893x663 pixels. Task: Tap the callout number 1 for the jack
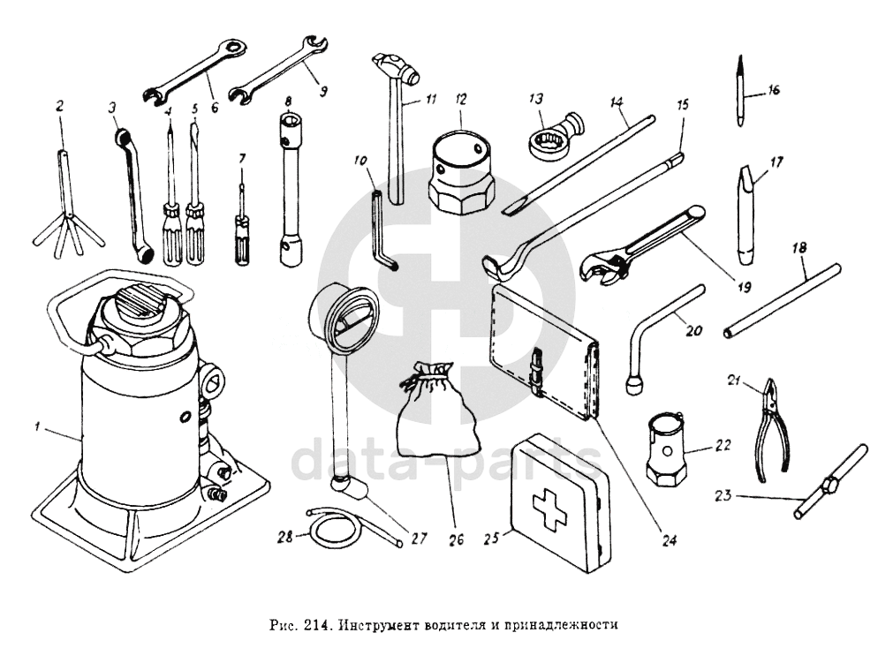(38, 428)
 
